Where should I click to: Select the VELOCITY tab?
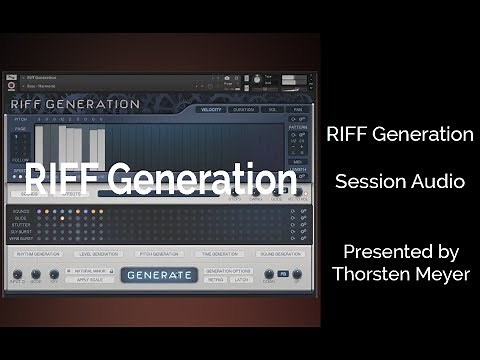(x=211, y=109)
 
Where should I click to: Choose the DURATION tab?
(x=243, y=109)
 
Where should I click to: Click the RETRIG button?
(x=214, y=281)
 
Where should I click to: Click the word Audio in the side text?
(x=435, y=182)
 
